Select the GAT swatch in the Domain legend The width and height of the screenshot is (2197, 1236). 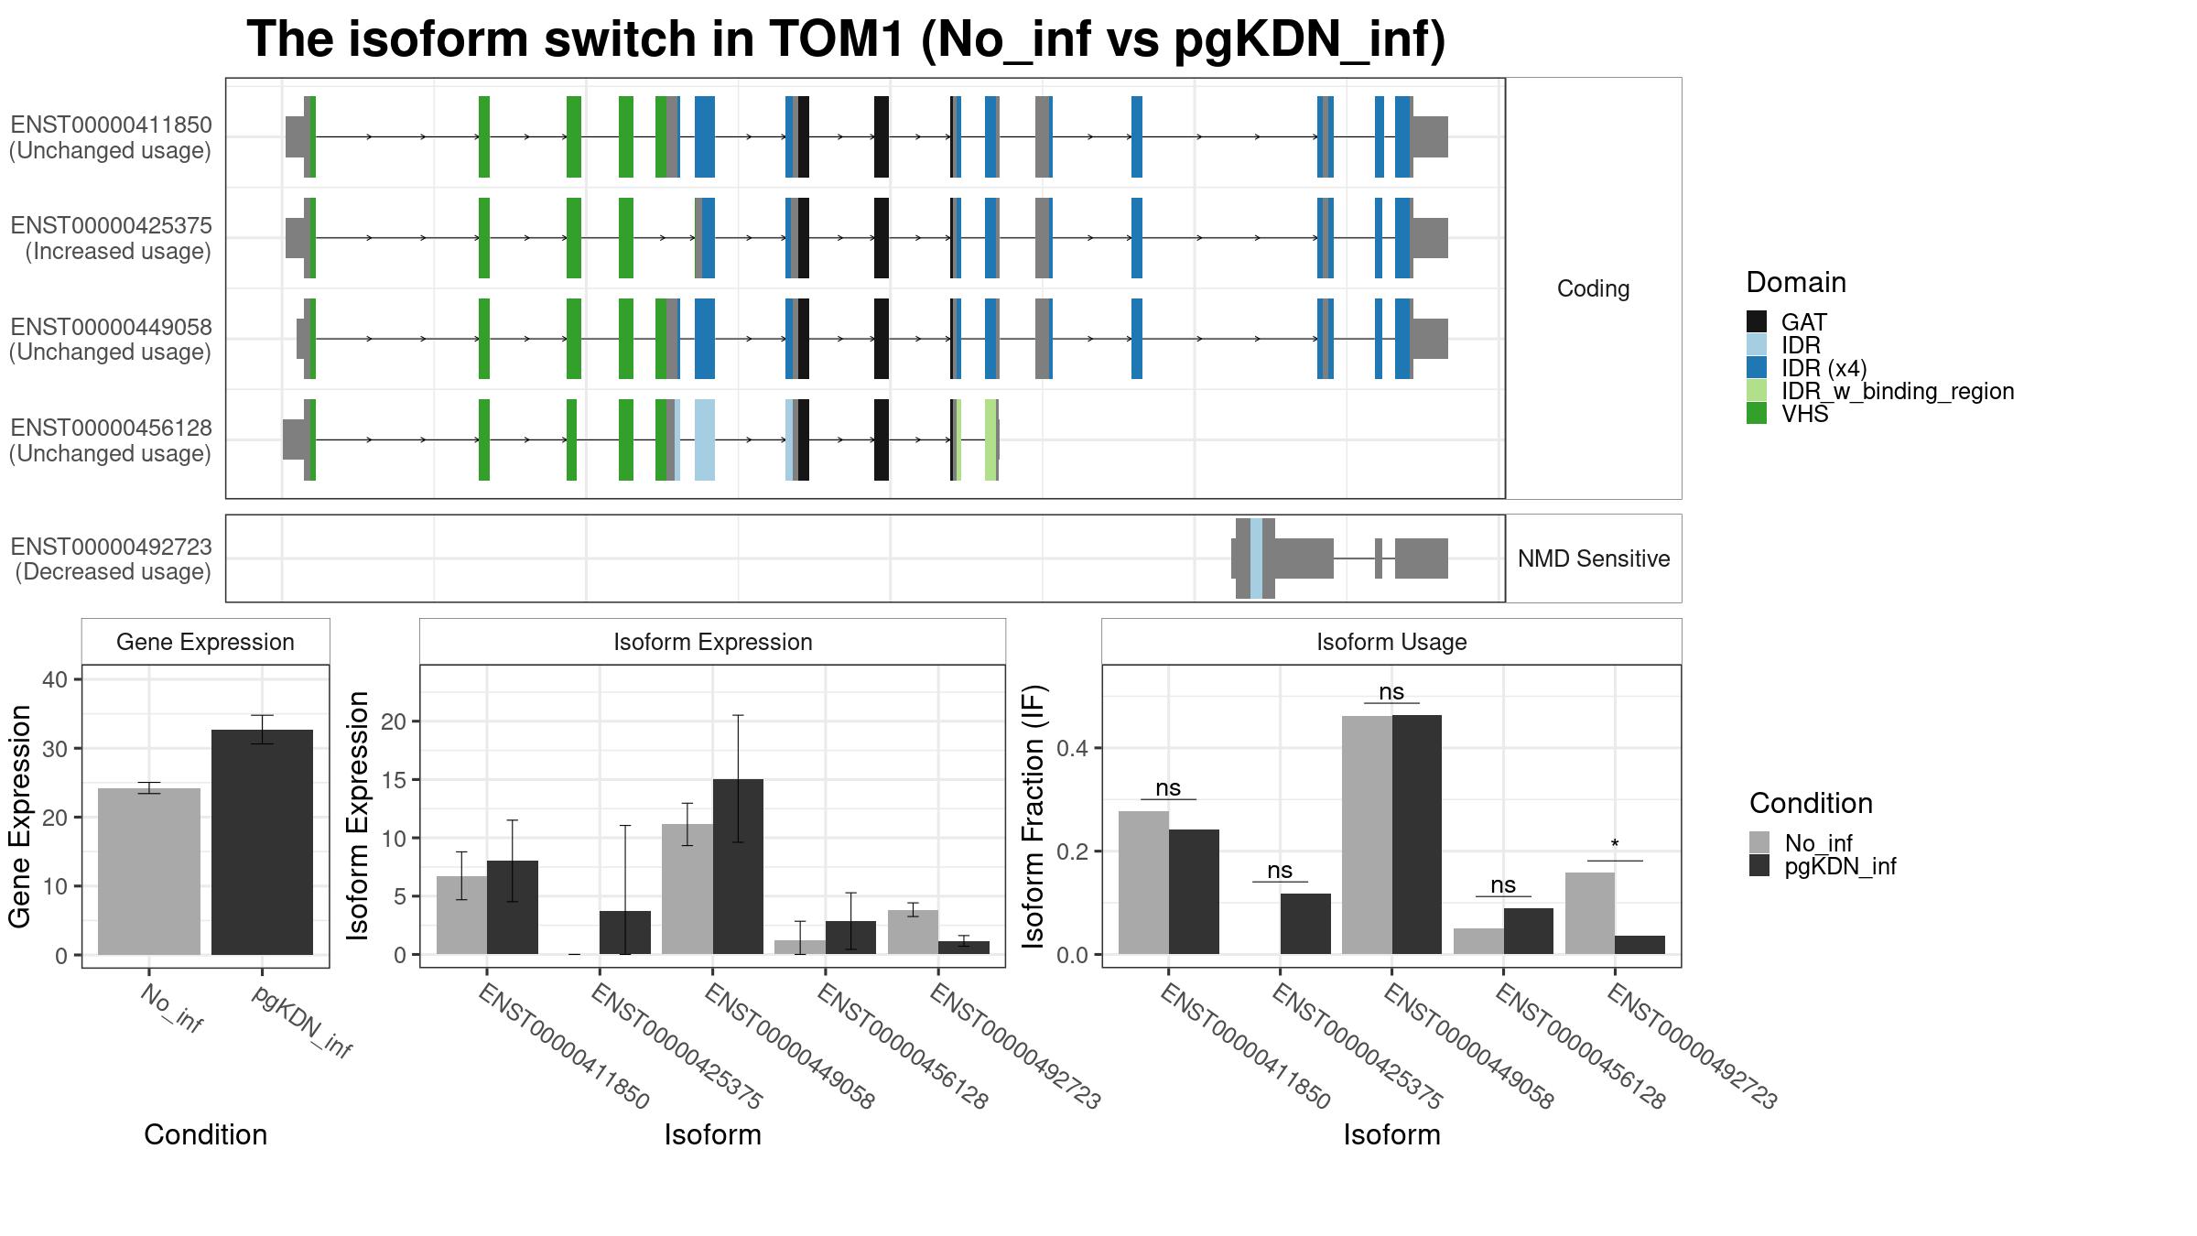click(1756, 321)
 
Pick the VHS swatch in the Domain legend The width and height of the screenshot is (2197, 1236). click(1756, 414)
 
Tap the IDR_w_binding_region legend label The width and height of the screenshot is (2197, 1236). click(1897, 391)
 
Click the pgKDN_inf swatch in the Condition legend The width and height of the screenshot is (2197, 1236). click(1759, 866)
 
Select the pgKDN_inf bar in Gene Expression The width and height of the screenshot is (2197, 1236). click(262, 841)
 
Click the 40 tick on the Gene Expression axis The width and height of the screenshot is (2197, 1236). click(55, 679)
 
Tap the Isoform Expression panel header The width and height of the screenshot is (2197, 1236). click(712, 642)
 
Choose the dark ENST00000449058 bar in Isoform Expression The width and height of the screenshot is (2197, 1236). click(738, 866)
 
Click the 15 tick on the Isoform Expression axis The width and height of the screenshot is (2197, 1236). click(393, 780)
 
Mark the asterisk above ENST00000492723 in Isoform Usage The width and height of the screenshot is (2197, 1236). click(1615, 845)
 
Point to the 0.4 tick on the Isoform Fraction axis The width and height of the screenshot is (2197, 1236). click(1073, 748)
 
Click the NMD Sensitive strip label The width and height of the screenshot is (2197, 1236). click(1593, 558)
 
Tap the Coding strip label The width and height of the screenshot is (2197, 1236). click(1593, 288)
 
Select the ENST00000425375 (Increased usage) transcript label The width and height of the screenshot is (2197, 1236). click(111, 238)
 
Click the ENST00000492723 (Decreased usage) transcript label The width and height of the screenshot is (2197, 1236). click(111, 558)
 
